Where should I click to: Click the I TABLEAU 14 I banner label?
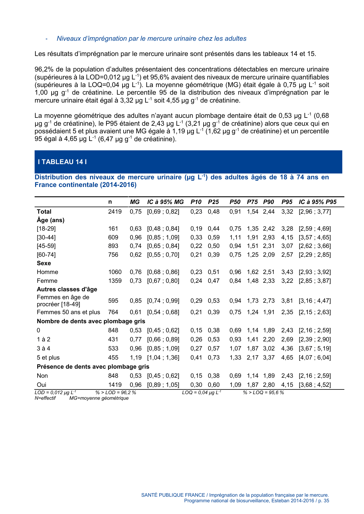[62, 162]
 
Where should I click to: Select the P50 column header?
[235, 202]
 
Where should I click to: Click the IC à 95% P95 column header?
[317, 202]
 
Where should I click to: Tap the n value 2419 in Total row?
[115, 212]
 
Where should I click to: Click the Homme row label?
[48, 272]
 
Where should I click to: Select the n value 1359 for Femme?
[115, 281]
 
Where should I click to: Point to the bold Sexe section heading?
[44, 263]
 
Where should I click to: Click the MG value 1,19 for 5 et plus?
[136, 358]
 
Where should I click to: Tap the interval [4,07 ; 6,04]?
[314, 358]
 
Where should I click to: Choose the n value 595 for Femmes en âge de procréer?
[113, 301]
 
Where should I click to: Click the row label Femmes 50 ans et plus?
[68, 312]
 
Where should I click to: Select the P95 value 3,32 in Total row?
[287, 212]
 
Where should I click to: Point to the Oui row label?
[42, 384]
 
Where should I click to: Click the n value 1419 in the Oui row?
[115, 384]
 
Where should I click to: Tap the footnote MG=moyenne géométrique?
[99, 398]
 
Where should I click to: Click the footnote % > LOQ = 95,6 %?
[263, 392]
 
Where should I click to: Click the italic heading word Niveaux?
[68, 39]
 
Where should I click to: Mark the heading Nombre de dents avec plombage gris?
[91, 321]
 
